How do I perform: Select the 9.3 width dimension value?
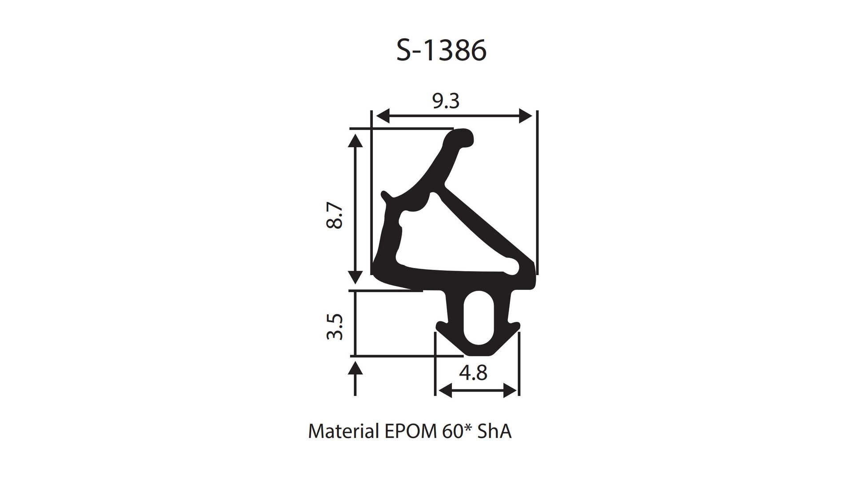click(x=446, y=102)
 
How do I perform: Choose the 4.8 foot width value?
click(x=473, y=372)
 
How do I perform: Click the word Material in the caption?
click(x=343, y=432)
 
